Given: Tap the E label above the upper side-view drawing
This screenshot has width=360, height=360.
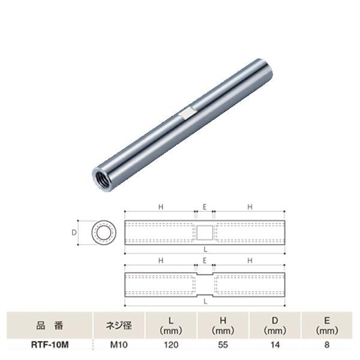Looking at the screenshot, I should point(205,207).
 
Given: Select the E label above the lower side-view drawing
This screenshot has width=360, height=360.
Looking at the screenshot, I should point(205,260).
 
